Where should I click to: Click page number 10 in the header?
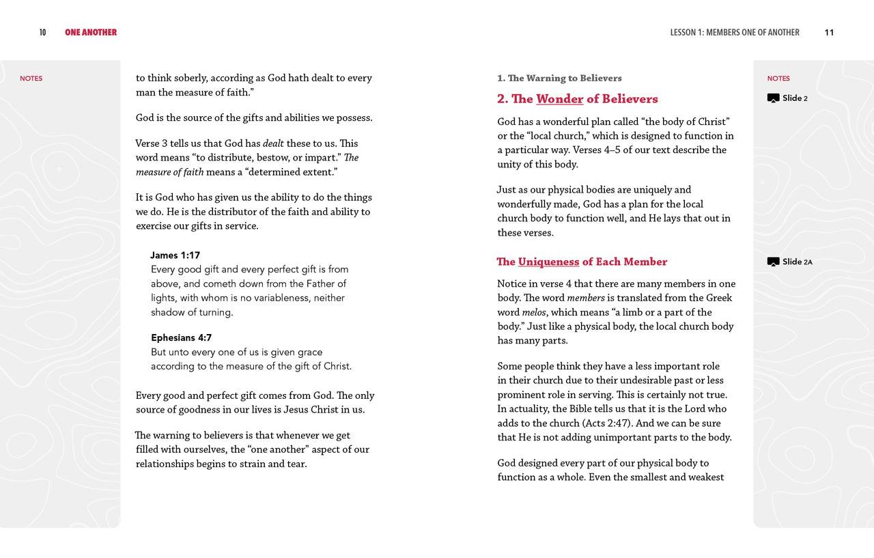tap(42, 32)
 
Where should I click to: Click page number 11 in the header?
tap(829, 32)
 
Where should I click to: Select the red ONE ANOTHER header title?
tap(91, 32)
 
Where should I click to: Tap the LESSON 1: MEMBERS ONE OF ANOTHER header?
tap(735, 32)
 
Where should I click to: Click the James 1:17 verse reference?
tap(175, 255)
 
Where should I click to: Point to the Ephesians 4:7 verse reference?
tap(181, 337)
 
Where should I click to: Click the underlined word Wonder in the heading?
tap(559, 99)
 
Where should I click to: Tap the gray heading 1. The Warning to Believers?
tap(559, 78)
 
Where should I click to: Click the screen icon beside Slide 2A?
tap(773, 262)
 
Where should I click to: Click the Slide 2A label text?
tap(798, 262)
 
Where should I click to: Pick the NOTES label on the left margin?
tap(31, 79)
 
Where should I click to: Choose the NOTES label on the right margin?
tap(778, 79)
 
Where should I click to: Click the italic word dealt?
tap(273, 143)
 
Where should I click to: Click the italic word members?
tap(586, 298)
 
